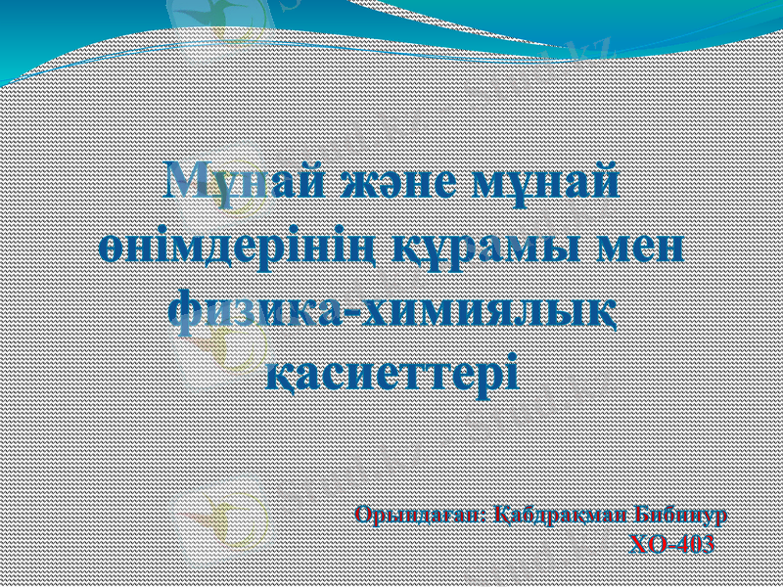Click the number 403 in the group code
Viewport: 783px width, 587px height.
click(x=694, y=544)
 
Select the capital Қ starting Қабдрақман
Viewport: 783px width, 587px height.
click(x=503, y=514)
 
